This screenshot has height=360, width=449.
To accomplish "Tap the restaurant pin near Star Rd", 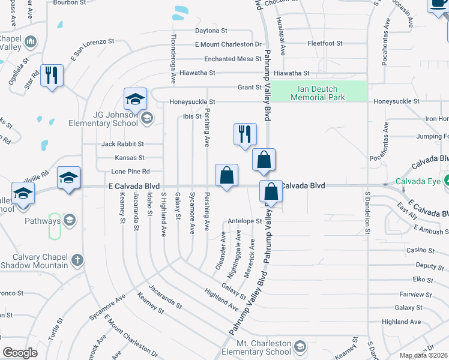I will pyautogui.click(x=52, y=76).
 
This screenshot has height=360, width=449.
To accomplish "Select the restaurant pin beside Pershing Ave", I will pyautogui.click(x=244, y=134).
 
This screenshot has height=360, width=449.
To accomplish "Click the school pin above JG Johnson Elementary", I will pyautogui.click(x=136, y=99).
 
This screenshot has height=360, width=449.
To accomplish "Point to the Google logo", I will pyautogui.click(x=19, y=353).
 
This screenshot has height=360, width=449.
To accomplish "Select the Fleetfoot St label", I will pyautogui.click(x=325, y=43).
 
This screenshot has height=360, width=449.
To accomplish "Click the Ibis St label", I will pyautogui.click(x=192, y=116).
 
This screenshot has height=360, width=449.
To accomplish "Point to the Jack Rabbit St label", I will pyautogui.click(x=122, y=144).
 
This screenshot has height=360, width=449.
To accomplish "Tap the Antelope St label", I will pyautogui.click(x=245, y=221).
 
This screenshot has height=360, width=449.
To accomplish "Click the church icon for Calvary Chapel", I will pyautogui.click(x=76, y=260).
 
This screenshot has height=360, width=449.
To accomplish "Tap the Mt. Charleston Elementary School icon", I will pyautogui.click(x=298, y=346).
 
